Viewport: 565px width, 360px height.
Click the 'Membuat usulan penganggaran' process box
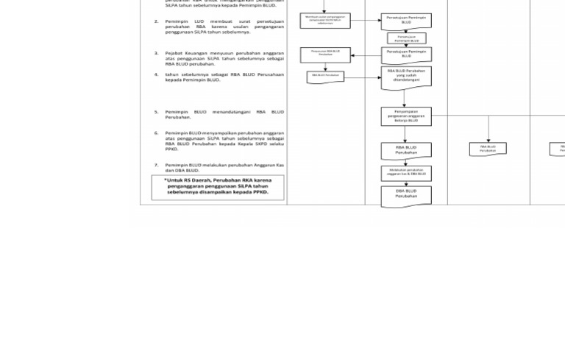pyautogui.click(x=324, y=21)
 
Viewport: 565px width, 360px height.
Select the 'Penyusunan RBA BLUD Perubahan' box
pyautogui.click(x=325, y=54)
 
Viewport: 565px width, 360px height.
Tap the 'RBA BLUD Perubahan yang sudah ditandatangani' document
pyautogui.click(x=406, y=77)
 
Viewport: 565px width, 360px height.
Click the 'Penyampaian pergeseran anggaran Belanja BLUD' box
pyautogui.click(x=406, y=116)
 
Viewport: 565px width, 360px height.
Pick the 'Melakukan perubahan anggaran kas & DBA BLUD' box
pyautogui.click(x=406, y=173)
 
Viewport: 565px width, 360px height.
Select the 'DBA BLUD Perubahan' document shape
pyautogui.click(x=406, y=195)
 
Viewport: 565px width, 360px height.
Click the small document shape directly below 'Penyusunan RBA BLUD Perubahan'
pyautogui.click(x=325, y=77)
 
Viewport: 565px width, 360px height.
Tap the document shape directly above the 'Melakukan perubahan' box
pyautogui.click(x=406, y=151)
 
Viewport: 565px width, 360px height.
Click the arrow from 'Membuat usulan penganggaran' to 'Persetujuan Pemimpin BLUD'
pyautogui.click(x=365, y=21)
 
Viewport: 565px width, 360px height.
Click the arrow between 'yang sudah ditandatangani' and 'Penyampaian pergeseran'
pyautogui.click(x=406, y=99)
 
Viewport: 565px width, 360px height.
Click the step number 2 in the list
pyautogui.click(x=157, y=21)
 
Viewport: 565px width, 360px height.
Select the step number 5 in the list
pyautogui.click(x=157, y=112)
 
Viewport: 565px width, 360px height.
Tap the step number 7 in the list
pyautogui.click(x=157, y=165)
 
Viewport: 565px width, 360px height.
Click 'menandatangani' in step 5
pyautogui.click(x=231, y=112)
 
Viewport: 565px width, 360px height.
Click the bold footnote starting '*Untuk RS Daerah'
pyautogui.click(x=218, y=186)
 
